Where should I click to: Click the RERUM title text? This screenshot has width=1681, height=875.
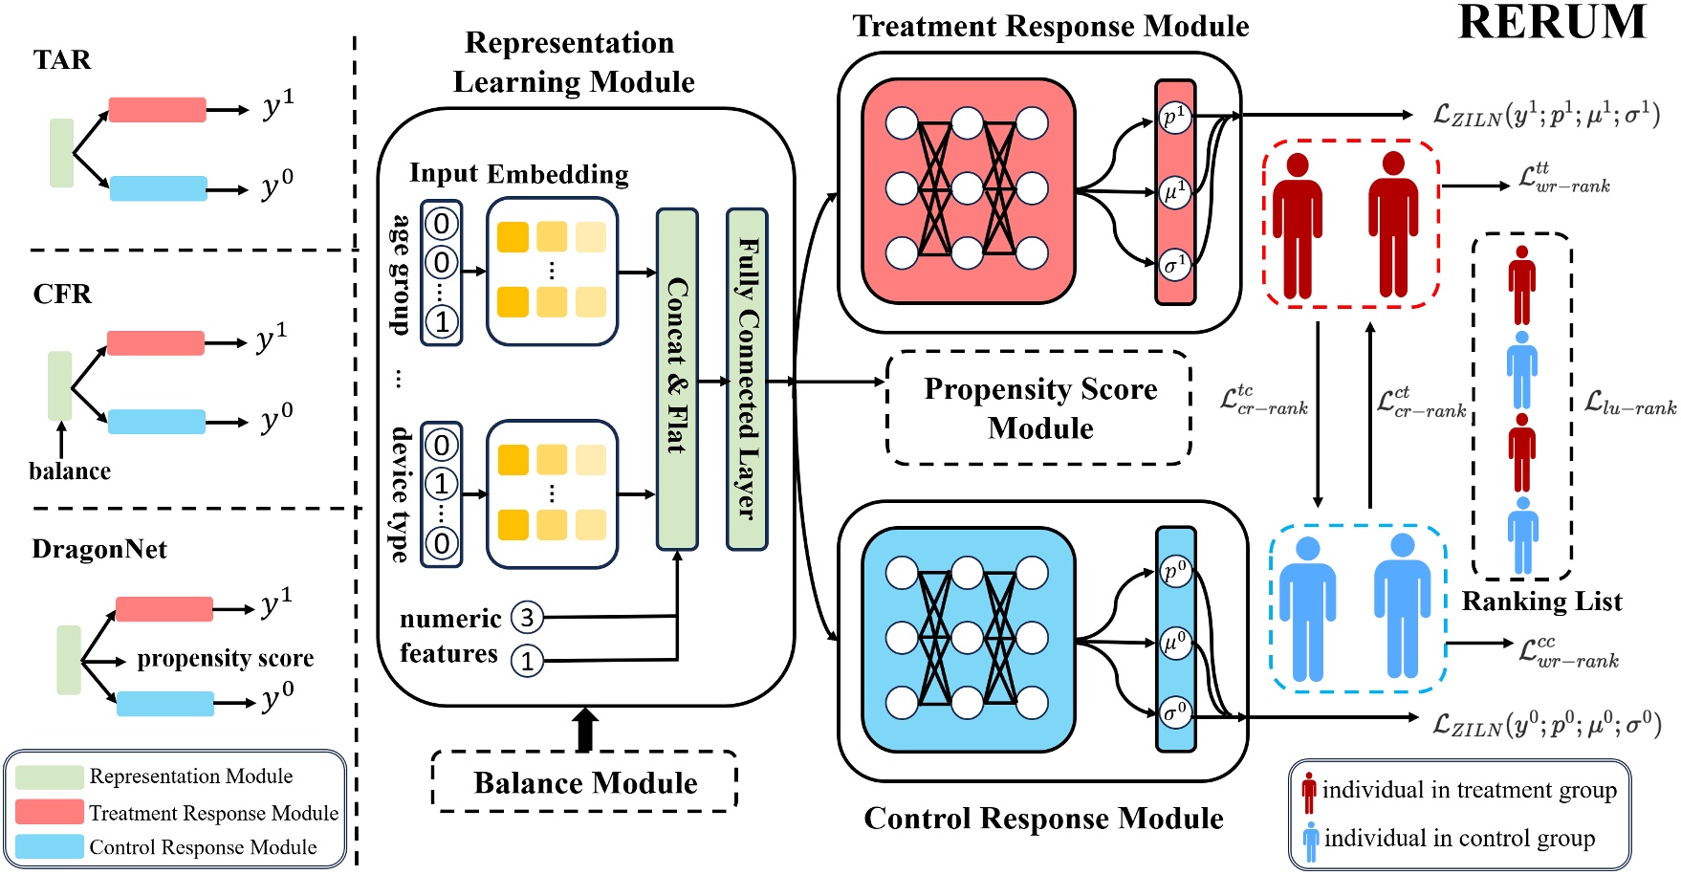coord(1552,23)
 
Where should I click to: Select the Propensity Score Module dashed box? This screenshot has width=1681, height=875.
coord(1039,408)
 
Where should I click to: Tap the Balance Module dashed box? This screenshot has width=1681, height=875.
coord(584,782)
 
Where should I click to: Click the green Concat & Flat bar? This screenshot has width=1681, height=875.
coord(677,380)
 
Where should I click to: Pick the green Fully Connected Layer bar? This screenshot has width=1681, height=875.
coord(747,380)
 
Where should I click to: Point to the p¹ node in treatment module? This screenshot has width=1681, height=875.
coord(1175,117)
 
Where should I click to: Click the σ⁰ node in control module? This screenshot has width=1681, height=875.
coord(1175,712)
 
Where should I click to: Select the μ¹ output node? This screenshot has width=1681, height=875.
coord(1175,191)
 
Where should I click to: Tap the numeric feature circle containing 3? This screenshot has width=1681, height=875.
coord(527,617)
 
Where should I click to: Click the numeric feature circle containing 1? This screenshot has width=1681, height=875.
coord(527,661)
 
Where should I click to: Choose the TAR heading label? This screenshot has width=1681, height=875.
coord(62,60)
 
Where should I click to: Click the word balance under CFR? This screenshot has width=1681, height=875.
coord(69,471)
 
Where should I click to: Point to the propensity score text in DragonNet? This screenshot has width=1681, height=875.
coord(225,658)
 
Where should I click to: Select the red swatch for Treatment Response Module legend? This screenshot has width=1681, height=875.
coord(49,812)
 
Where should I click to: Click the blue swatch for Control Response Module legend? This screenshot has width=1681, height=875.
coord(49,846)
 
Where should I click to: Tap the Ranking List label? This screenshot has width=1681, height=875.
coord(1541,602)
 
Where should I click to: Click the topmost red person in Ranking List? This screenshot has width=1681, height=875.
coord(1521,285)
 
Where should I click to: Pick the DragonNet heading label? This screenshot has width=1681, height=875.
coord(99,549)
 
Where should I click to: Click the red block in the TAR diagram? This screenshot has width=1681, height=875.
coord(157,109)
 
